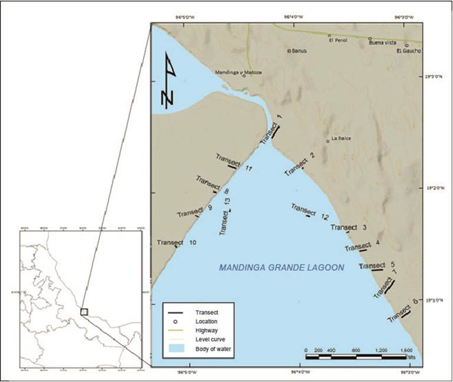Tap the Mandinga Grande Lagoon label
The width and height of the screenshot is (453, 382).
click(282, 268)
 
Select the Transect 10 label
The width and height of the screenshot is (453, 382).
click(177, 243)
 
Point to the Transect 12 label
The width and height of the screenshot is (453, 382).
click(309, 212)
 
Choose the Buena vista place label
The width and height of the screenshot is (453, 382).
click(379, 42)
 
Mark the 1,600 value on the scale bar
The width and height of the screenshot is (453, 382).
click(406, 350)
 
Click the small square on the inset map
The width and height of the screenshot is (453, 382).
click(84, 311)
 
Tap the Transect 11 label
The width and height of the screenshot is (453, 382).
click(234, 162)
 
